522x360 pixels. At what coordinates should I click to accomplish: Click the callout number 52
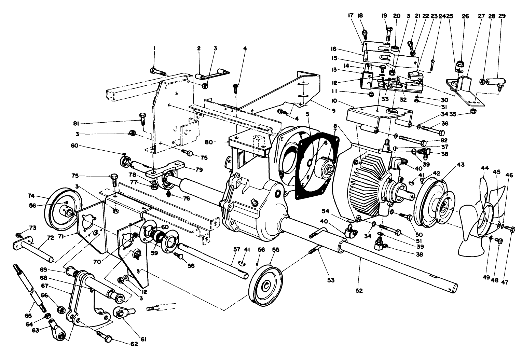tap(359, 291)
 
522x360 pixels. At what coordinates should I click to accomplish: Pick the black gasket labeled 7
tap(316, 164)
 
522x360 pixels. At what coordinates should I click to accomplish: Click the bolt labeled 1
tap(157, 71)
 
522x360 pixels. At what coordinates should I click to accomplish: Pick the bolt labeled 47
tap(511, 229)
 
